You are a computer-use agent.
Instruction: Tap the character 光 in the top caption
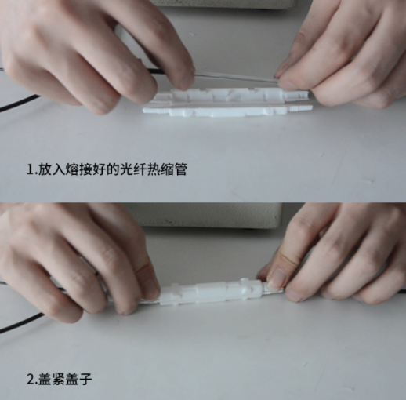126,169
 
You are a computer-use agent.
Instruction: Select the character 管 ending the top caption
180,169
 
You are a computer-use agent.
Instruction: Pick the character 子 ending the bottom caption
85,379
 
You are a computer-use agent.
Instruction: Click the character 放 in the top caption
45,169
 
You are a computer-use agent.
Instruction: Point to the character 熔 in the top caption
72,169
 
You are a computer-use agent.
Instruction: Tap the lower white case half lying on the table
227,111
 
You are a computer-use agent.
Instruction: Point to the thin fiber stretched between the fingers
235,78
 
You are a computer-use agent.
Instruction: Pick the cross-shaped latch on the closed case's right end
245,289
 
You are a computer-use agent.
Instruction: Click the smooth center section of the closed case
211,293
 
